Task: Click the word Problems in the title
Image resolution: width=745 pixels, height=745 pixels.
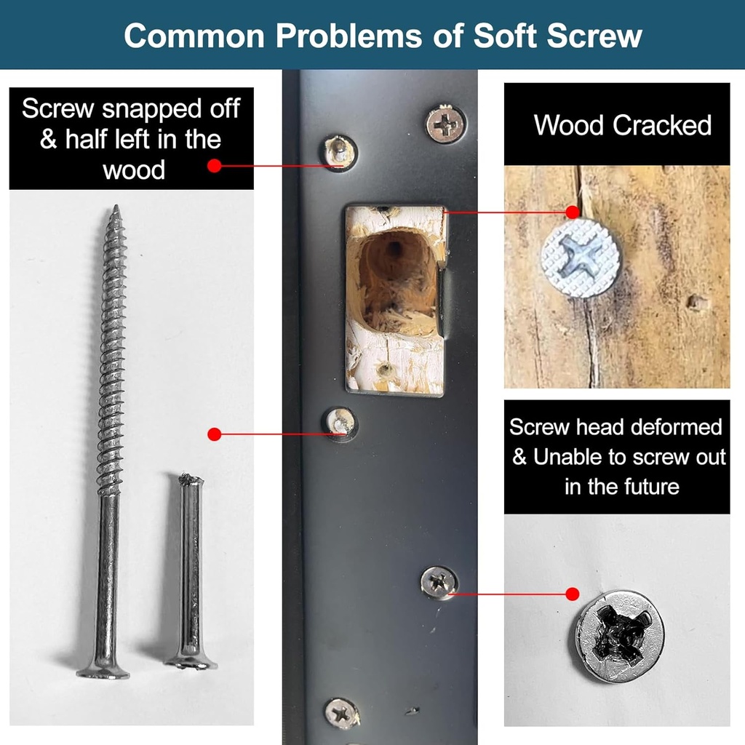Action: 332,36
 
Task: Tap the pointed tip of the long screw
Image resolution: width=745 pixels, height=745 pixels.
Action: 114,210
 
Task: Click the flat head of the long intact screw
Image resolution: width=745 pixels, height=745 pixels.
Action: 103,670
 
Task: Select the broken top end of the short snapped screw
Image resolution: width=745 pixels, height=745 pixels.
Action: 191,479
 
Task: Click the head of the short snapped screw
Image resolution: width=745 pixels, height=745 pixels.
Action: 191,662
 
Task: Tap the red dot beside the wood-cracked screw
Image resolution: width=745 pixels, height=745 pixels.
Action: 573,212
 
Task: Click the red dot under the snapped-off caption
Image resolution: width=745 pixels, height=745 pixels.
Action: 214,166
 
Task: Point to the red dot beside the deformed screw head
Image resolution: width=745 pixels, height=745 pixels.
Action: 573,594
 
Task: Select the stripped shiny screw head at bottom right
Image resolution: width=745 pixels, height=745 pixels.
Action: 619,636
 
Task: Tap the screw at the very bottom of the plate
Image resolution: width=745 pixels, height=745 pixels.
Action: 341,713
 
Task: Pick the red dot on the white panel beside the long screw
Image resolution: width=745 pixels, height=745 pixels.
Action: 214,434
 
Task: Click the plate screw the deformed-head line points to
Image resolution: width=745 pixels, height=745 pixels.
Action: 439,582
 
